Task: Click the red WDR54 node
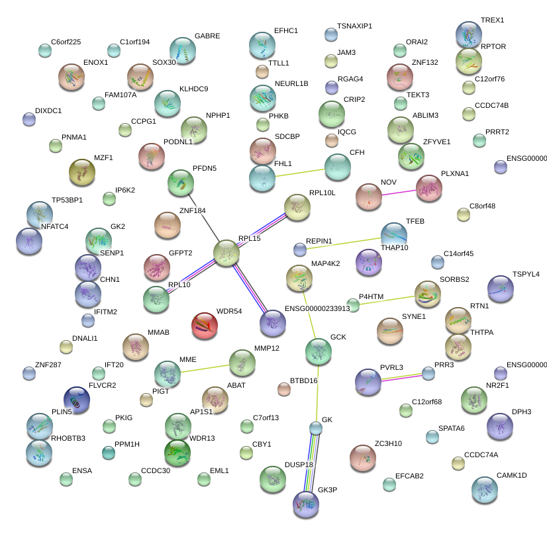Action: [x=205, y=326]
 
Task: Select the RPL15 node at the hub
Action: [x=226, y=253]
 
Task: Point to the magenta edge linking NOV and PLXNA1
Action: [x=399, y=193]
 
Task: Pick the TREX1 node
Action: [x=469, y=34]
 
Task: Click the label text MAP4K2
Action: [x=325, y=263]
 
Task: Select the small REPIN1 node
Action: [x=301, y=249]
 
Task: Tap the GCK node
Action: [x=319, y=351]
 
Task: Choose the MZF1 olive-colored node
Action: [x=82, y=173]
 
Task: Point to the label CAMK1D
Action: [x=511, y=475]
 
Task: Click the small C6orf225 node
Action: [x=44, y=50]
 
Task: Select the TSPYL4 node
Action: [x=500, y=289]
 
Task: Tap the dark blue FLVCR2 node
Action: [x=77, y=399]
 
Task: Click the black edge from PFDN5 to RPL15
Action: [x=203, y=214]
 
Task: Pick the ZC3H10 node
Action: [x=362, y=457]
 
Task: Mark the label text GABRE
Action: [x=207, y=36]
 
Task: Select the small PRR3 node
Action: [x=429, y=373]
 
